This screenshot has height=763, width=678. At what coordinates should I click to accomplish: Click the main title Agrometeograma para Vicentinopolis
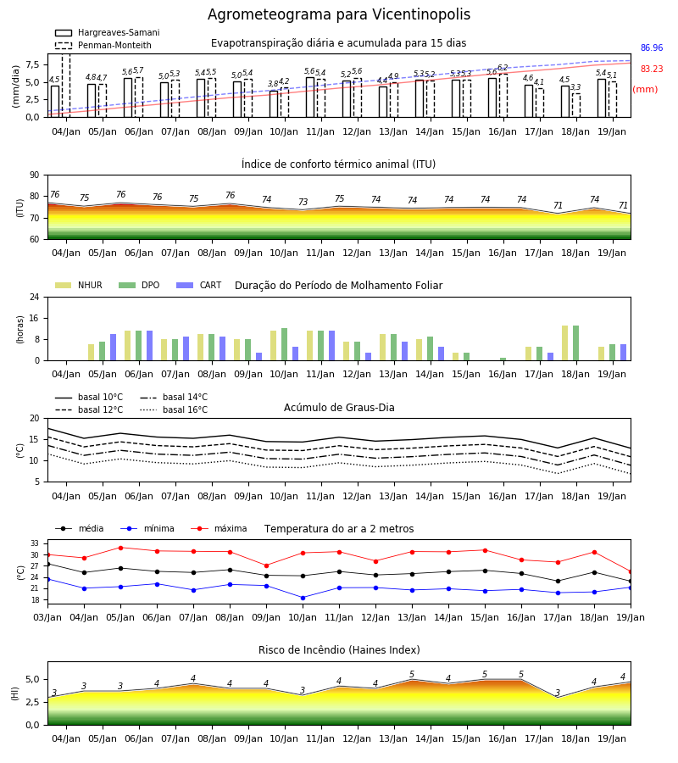(339, 14)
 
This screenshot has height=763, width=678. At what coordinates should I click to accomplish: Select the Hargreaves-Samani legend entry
(108, 32)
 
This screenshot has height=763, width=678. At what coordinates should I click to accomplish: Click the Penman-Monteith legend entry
(103, 45)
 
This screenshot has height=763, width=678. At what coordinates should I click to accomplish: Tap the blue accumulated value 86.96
(652, 47)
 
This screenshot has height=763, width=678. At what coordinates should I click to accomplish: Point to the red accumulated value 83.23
(652, 70)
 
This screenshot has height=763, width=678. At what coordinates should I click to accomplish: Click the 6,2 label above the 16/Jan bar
(503, 68)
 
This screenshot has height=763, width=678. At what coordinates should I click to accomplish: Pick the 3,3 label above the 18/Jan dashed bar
(575, 87)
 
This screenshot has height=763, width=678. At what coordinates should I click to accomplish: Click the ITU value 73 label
(303, 202)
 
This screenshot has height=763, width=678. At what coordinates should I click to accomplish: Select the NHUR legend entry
(79, 285)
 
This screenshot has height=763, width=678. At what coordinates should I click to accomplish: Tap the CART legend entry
(199, 285)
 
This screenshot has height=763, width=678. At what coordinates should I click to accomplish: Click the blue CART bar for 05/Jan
(114, 348)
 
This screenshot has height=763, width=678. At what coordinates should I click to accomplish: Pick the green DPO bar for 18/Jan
(575, 343)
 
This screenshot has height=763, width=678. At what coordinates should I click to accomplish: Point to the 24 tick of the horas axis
(36, 297)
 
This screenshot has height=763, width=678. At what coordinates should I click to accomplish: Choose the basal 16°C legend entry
(174, 409)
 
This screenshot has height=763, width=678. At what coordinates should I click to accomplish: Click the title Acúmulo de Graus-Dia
(339, 407)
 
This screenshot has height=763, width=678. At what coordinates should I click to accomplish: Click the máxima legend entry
(220, 528)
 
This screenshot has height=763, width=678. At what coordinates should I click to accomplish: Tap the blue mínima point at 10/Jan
(303, 598)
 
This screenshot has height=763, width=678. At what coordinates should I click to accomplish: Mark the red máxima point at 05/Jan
(120, 548)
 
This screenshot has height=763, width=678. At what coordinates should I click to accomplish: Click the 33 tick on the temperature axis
(36, 543)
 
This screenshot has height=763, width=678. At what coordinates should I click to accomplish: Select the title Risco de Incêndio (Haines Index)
(339, 650)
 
